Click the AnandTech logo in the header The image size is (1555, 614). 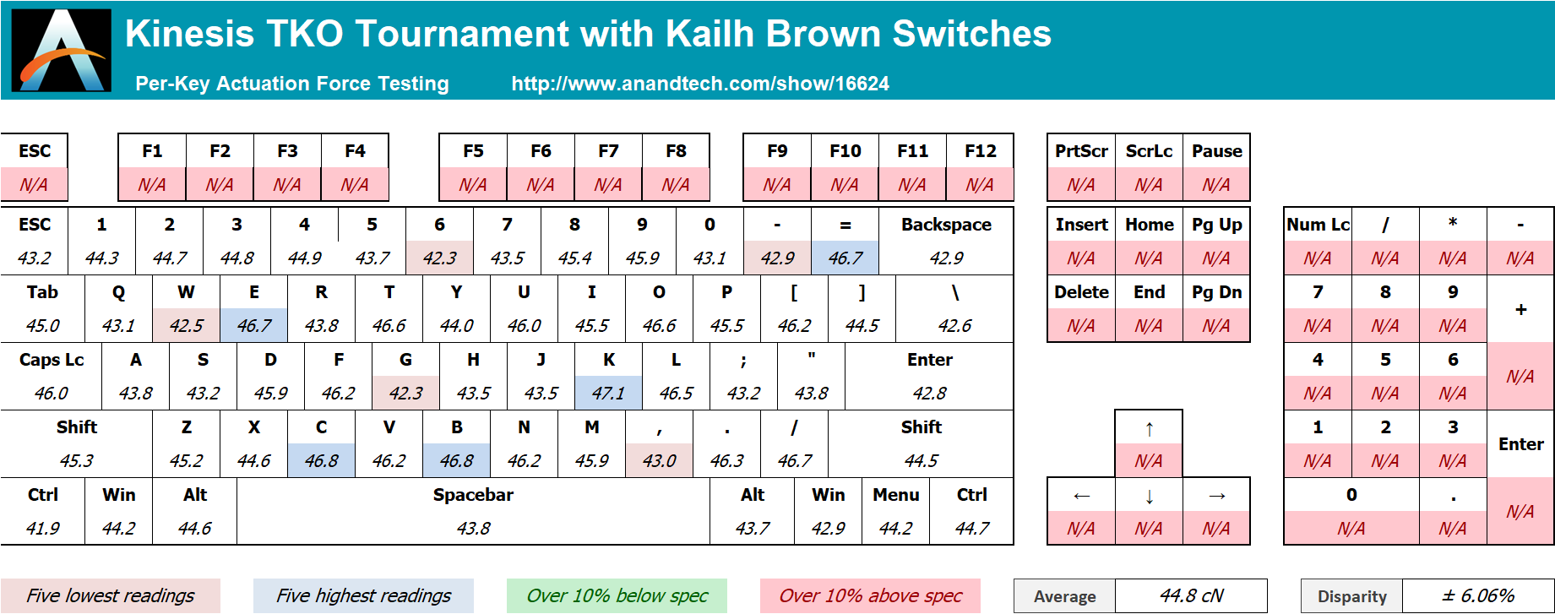tap(61, 50)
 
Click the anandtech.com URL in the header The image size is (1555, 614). tap(700, 84)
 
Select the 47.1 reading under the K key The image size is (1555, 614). tap(608, 394)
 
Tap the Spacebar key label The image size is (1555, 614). tap(473, 495)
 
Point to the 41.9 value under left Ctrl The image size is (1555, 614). tap(43, 529)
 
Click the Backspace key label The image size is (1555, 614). tap(946, 225)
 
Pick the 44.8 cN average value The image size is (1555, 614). tap(1191, 596)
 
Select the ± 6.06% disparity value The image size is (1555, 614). tap(1478, 596)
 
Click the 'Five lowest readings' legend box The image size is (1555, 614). tap(111, 595)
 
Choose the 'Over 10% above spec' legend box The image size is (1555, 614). tap(870, 595)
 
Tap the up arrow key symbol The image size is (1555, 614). tap(1149, 429)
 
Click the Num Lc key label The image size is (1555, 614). tap(1318, 225)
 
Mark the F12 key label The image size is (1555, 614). tap(981, 151)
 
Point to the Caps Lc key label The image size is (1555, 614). tap(52, 360)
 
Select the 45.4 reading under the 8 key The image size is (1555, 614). tap(574, 258)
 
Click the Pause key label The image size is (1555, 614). tap(1216, 151)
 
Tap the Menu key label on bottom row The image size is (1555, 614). tap(896, 495)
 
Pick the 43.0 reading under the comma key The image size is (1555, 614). tap(659, 461)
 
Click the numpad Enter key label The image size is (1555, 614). tap(1520, 444)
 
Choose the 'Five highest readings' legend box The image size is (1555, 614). tap(364, 595)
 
